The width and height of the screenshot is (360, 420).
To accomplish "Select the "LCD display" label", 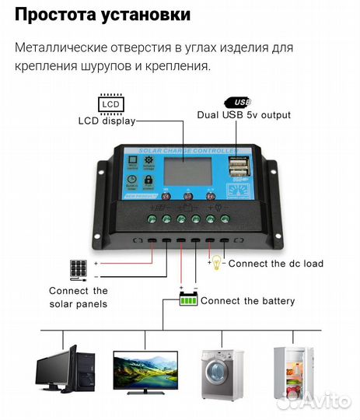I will [x=107, y=121].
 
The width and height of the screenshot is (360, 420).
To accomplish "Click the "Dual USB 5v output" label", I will [x=244, y=115].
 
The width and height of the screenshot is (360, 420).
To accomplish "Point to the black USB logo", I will [x=239, y=101].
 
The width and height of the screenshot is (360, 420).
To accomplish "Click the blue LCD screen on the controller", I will [x=184, y=170].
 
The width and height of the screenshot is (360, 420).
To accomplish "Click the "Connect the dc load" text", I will [x=275, y=264].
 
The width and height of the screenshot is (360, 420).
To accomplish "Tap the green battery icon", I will [x=188, y=299].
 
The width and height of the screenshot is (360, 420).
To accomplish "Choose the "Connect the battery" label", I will [x=248, y=300].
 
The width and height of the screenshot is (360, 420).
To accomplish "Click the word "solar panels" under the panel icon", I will [x=79, y=304].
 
